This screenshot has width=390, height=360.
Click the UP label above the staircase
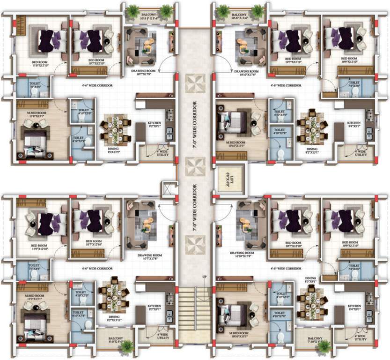coord(204,278)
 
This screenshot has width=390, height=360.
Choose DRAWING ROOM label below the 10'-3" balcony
coord(147,70)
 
